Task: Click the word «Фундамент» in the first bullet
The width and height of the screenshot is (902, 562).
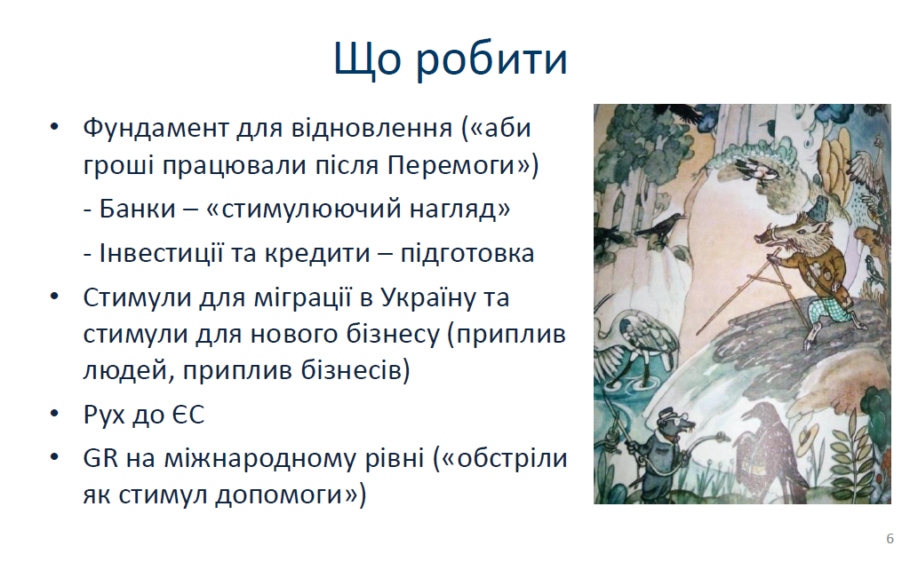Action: click(x=156, y=128)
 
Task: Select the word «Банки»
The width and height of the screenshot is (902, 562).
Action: click(x=137, y=208)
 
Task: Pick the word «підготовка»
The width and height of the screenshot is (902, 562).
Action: click(x=467, y=253)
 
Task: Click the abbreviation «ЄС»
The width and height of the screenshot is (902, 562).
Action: click(x=188, y=415)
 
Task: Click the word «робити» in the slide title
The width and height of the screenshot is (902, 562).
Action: click(x=491, y=59)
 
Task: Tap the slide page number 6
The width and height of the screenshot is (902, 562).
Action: click(x=890, y=538)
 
